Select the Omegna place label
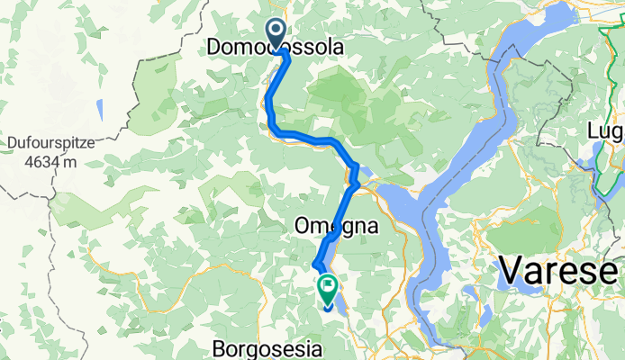click(335, 229)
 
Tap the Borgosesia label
click(266, 346)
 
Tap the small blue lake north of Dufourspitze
click(100, 109)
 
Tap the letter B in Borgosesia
click(220, 346)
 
